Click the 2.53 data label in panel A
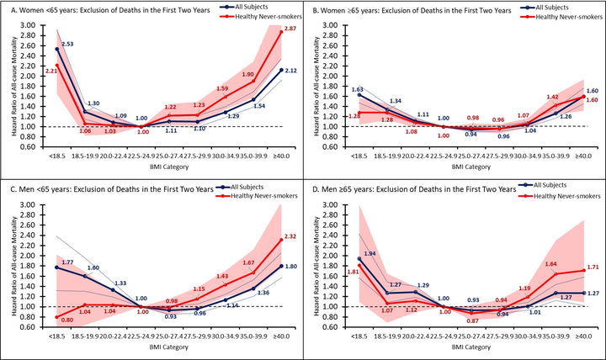66,43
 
